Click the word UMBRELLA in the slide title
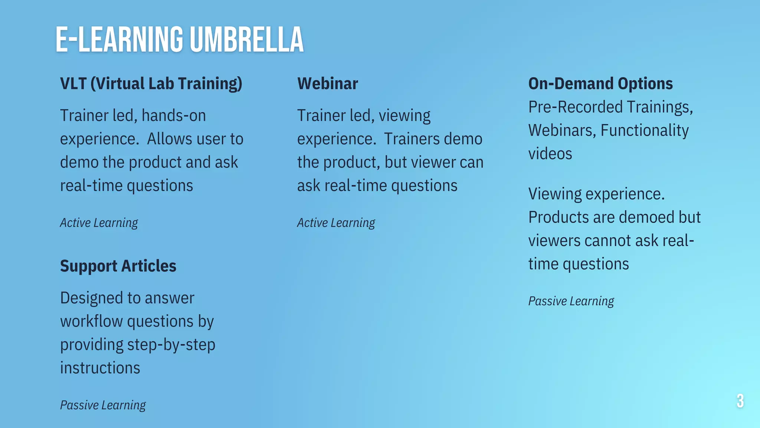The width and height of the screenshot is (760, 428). coord(247,40)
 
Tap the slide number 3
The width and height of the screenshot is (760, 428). coord(740,401)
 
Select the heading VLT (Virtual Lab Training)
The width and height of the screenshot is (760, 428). coord(151,84)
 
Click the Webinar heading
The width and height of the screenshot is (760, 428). coord(327,84)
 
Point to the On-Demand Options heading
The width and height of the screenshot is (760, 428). coord(600,84)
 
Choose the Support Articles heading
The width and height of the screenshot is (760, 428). coord(118,266)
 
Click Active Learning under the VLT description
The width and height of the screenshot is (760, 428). coord(99,223)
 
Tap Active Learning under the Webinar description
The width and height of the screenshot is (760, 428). coord(336,223)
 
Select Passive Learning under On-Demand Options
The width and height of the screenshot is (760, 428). coord(571,301)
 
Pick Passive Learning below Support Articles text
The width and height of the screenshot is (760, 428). coord(103,405)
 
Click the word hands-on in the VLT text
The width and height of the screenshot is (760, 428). coord(174,116)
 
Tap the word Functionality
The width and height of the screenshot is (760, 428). coord(644,130)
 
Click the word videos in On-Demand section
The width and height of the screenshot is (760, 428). coord(550,154)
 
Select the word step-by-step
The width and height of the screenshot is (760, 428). coord(171,345)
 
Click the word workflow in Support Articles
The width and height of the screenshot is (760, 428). coord(91,321)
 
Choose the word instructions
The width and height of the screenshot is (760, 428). coord(100,368)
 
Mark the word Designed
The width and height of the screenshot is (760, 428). coord(91,298)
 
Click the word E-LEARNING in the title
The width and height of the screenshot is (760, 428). coord(119,40)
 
